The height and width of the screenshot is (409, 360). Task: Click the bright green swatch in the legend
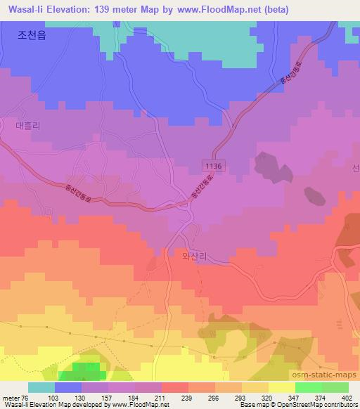coord(309,387)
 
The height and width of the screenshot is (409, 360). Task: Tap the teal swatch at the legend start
coord(41,387)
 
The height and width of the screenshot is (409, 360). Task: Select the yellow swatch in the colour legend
coord(281,387)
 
